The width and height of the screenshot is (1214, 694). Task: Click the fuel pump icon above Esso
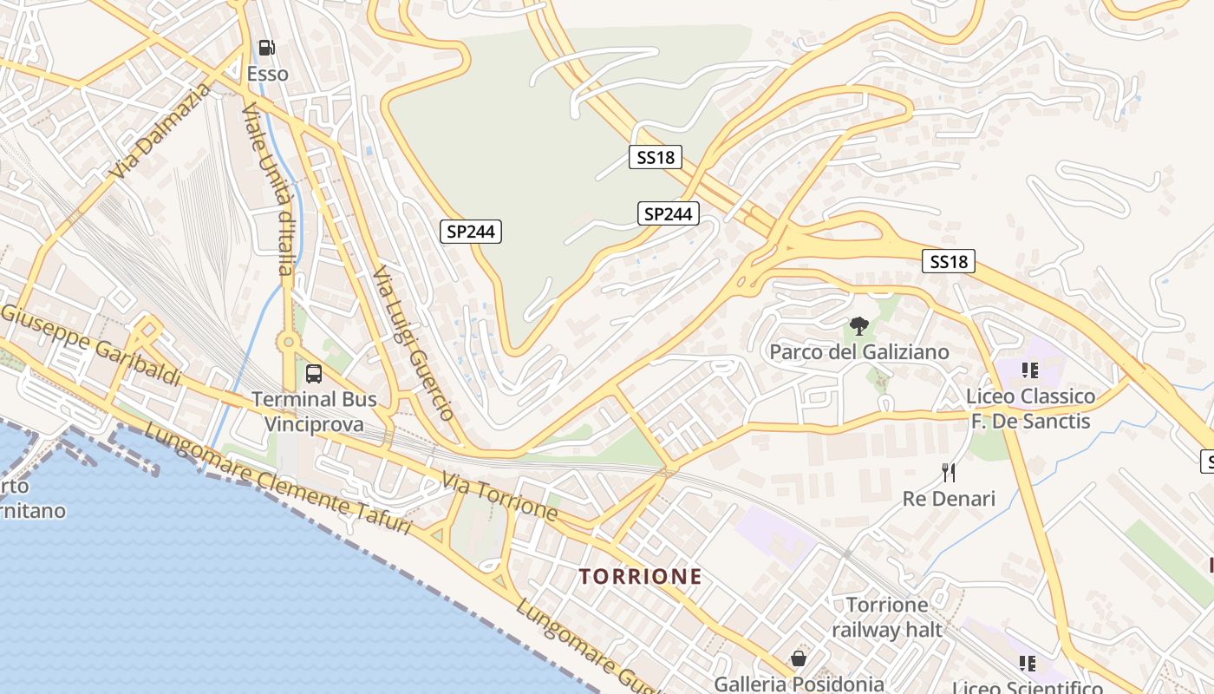coord(267,48)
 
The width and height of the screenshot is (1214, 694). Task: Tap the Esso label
coord(267,74)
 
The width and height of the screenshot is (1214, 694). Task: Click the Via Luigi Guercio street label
coord(413,344)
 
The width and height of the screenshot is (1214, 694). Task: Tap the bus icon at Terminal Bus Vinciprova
coord(314,374)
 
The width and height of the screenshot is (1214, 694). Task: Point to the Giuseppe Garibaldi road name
coord(91,345)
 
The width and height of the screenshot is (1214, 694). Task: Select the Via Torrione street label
coord(499,496)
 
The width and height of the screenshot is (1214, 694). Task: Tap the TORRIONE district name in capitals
coord(640,577)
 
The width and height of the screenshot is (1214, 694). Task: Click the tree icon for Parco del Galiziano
coord(859,327)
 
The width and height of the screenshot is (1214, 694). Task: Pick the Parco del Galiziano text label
coord(859,352)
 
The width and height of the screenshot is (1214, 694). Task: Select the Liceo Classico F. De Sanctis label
coord(1030,409)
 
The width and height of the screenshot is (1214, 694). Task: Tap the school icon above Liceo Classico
coord(1029,370)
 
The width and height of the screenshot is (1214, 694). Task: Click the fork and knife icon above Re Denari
coord(949,472)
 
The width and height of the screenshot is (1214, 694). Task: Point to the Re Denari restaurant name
coord(949,499)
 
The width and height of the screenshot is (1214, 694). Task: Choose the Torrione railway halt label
coord(886,617)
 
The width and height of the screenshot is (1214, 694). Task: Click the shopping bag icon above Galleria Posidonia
coord(799,658)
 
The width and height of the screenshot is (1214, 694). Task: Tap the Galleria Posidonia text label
coord(799,684)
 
